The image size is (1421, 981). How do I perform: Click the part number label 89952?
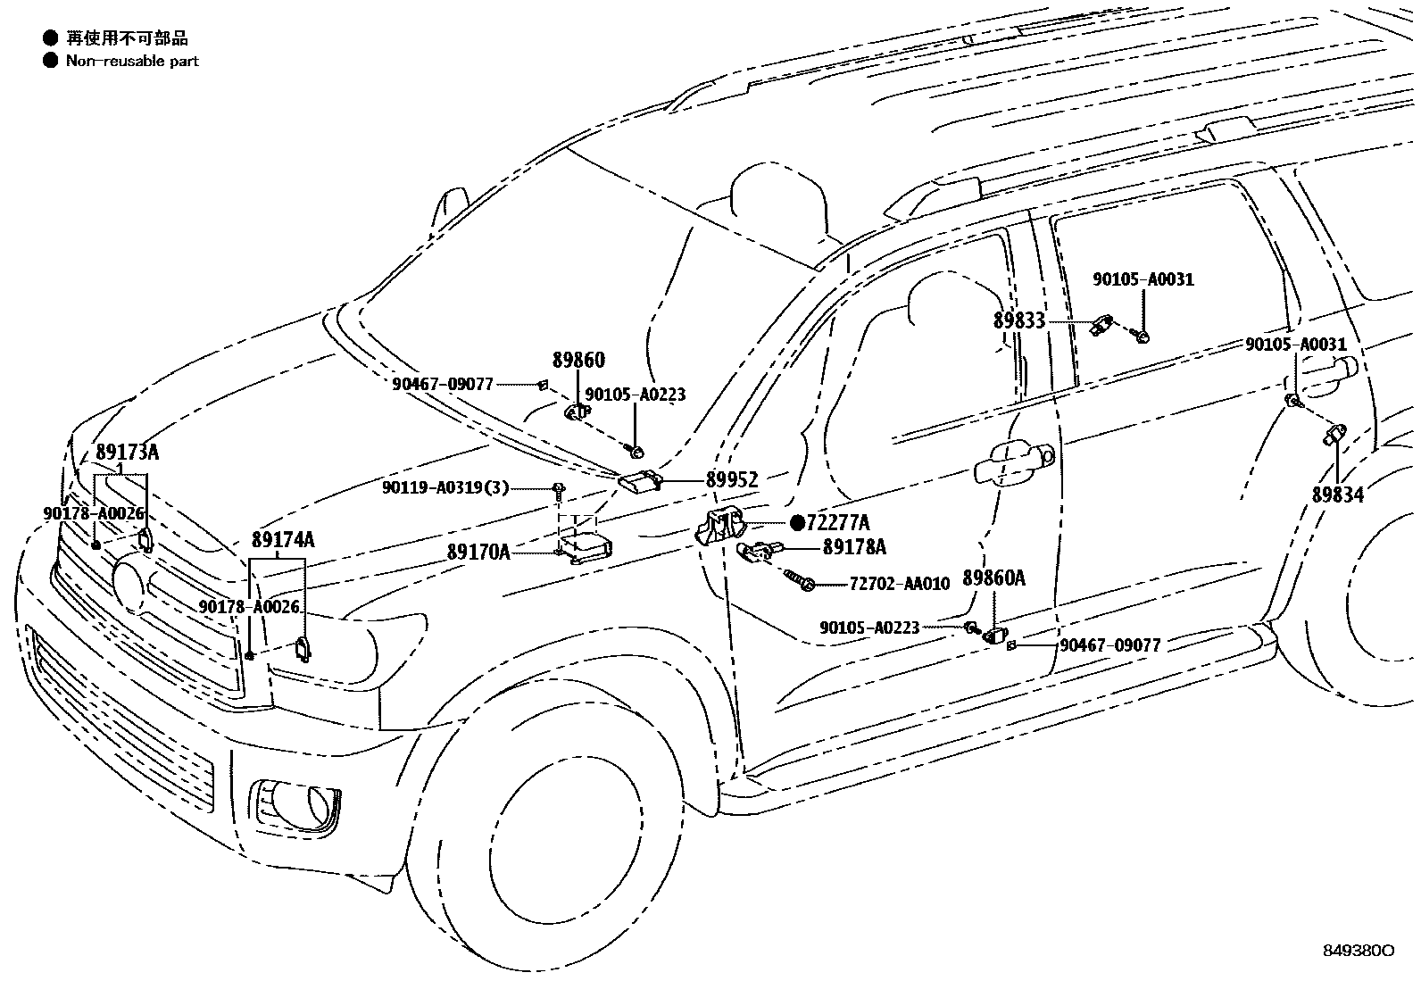731,480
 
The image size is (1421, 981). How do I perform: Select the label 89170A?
478,553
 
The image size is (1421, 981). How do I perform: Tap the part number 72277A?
837,522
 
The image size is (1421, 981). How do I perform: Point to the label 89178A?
854,547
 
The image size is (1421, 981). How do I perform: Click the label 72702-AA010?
899,584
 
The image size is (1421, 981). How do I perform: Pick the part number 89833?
1018,320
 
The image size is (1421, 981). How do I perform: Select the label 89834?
1337,495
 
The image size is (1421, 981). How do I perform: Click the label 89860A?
993,578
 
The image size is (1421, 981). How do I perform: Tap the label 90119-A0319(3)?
445,487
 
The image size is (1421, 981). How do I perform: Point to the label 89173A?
127,452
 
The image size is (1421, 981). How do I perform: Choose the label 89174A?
282,539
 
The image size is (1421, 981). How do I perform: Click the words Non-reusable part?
132,61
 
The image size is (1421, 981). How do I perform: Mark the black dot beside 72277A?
797,522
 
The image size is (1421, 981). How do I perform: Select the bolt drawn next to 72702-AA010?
798,581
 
